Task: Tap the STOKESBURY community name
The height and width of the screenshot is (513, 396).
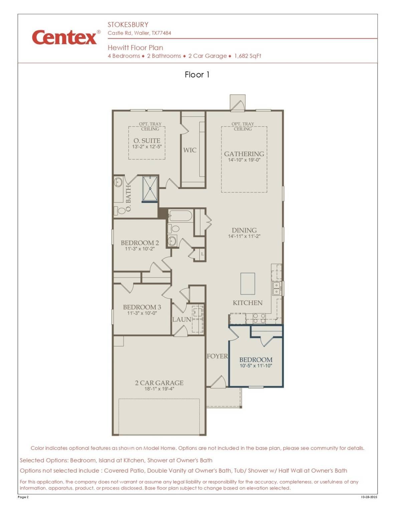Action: click(x=128, y=25)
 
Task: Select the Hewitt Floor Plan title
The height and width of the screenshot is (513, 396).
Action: click(x=135, y=48)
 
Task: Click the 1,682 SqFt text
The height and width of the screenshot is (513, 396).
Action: click(x=247, y=56)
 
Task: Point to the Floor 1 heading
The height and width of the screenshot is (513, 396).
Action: click(x=197, y=75)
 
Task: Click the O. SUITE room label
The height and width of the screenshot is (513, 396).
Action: click(x=147, y=141)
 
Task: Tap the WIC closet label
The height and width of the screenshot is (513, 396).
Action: click(x=190, y=150)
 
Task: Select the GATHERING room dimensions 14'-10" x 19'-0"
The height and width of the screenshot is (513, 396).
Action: click(x=244, y=160)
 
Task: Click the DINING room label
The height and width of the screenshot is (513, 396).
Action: click(x=244, y=230)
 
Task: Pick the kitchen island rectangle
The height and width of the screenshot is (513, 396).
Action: click(x=248, y=284)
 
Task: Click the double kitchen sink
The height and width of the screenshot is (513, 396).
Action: click(x=276, y=289)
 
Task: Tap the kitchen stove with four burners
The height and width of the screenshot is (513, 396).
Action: click(x=259, y=318)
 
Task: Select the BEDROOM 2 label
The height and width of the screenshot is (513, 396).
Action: click(x=140, y=243)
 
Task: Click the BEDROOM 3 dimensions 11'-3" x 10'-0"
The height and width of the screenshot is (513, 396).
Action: click(x=142, y=313)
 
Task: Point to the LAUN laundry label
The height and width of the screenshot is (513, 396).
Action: click(x=182, y=320)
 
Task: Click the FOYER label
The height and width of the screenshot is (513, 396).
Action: click(x=217, y=356)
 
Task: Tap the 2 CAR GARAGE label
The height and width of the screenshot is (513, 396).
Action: click(x=159, y=383)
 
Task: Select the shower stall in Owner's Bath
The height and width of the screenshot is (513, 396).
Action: click(x=150, y=189)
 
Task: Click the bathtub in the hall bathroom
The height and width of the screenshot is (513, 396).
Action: click(x=180, y=216)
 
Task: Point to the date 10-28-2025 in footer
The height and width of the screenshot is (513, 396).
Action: click(x=369, y=497)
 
